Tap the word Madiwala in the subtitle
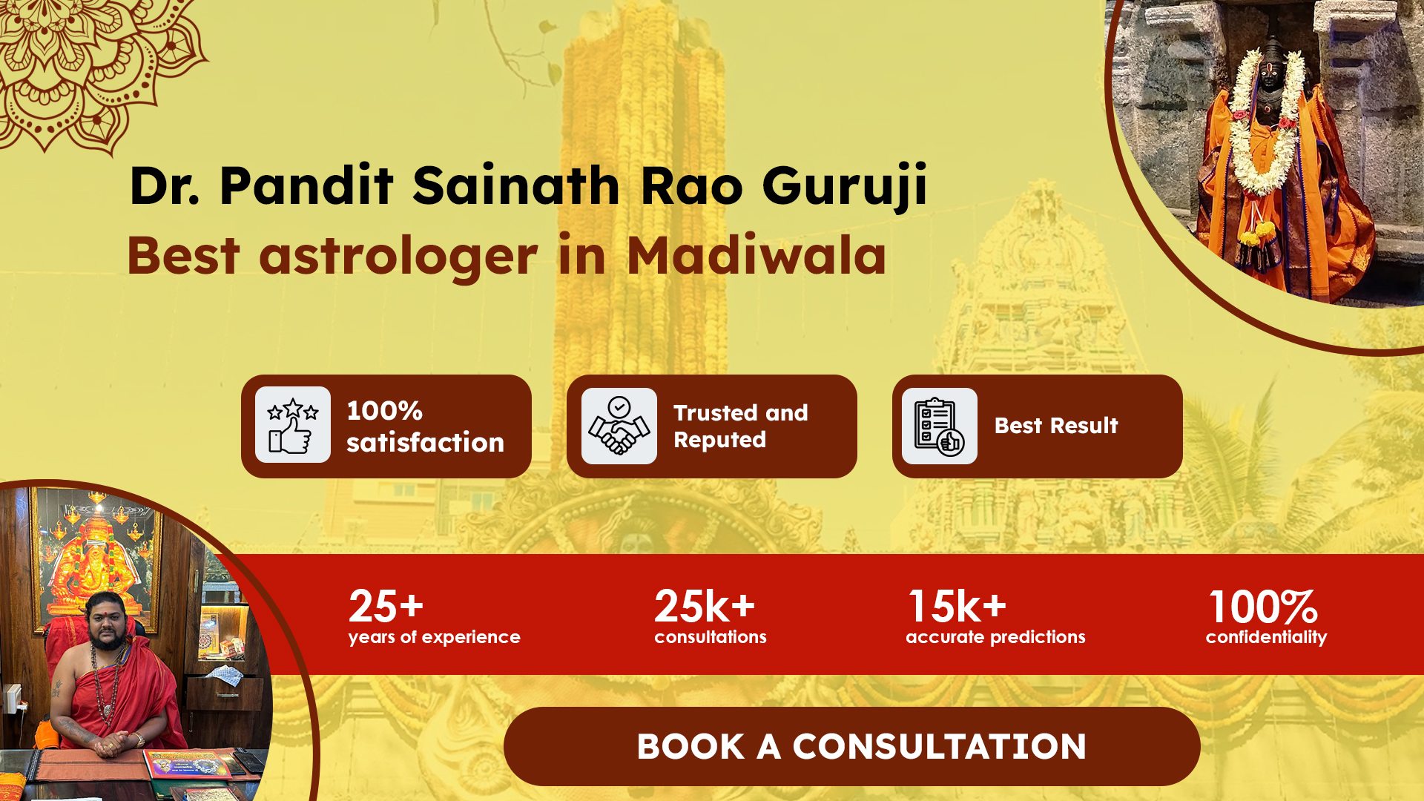click(x=756, y=256)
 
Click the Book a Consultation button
click(x=851, y=746)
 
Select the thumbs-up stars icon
click(x=293, y=425)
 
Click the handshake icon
click(x=619, y=426)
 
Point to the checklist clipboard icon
click(x=939, y=426)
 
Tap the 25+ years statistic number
click(x=386, y=607)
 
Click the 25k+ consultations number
click(x=705, y=607)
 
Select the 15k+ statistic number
click(x=957, y=607)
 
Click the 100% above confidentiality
click(x=1263, y=607)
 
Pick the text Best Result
click(x=1056, y=426)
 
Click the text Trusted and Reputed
click(x=740, y=426)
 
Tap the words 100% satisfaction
click(x=425, y=426)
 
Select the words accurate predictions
click(x=995, y=637)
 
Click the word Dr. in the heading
click(x=164, y=185)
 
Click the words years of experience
click(x=435, y=637)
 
